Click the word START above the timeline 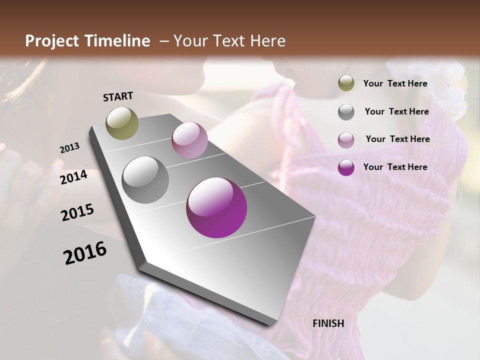pos(118,96)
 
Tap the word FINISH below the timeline pos(328,323)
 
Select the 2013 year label pos(69,148)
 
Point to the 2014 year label pos(74,177)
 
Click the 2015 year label pos(77,212)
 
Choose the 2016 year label pos(85,253)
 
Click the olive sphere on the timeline pos(122,123)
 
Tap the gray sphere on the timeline pos(145,179)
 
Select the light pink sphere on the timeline pos(189,140)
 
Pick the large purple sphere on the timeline pos(216,207)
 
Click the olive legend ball pos(346,83)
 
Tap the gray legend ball pos(346,112)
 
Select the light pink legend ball pos(346,139)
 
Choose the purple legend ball pos(346,167)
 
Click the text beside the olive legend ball pos(395,83)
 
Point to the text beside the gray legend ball pos(397,111)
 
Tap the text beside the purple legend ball pos(395,167)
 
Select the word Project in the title pos(52,41)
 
